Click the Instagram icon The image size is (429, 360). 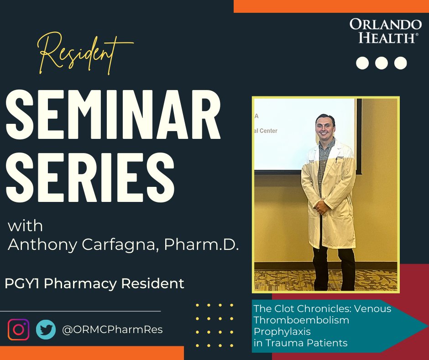click(18, 329)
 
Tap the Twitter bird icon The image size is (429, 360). click(46, 329)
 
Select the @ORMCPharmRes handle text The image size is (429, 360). click(112, 329)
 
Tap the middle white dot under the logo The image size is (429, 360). click(382, 63)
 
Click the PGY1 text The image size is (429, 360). click(22, 283)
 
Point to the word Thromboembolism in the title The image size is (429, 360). click(301, 320)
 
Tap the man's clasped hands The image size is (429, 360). click(323, 208)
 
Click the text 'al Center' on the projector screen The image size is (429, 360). click(266, 131)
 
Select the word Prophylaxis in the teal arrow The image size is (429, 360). click(282, 331)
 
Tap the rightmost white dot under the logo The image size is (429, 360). click(400, 63)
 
